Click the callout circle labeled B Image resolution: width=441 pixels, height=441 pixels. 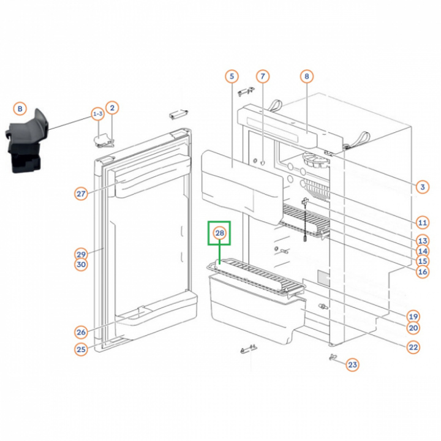click(x=20, y=109)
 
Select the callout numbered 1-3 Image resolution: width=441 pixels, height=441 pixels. click(x=97, y=114)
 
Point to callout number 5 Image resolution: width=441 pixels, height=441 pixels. click(x=231, y=77)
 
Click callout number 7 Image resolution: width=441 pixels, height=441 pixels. click(x=262, y=77)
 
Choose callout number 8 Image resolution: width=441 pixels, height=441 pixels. click(x=306, y=77)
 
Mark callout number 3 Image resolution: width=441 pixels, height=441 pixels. click(x=422, y=187)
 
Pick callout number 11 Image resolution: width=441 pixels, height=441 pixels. click(x=422, y=222)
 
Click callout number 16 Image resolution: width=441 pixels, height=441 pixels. click(x=422, y=271)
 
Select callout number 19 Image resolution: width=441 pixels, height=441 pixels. click(x=413, y=317)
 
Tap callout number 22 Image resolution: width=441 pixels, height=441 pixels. click(x=413, y=347)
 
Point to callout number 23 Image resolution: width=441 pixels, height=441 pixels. click(x=352, y=365)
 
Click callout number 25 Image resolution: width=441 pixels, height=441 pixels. click(x=81, y=350)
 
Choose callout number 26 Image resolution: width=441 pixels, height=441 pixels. click(x=81, y=333)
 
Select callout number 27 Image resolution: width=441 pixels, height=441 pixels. click(x=81, y=194)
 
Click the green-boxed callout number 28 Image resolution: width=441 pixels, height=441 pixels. click(x=219, y=233)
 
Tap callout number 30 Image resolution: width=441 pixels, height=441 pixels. click(x=81, y=265)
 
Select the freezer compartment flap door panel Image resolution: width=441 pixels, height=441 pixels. click(x=239, y=181)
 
